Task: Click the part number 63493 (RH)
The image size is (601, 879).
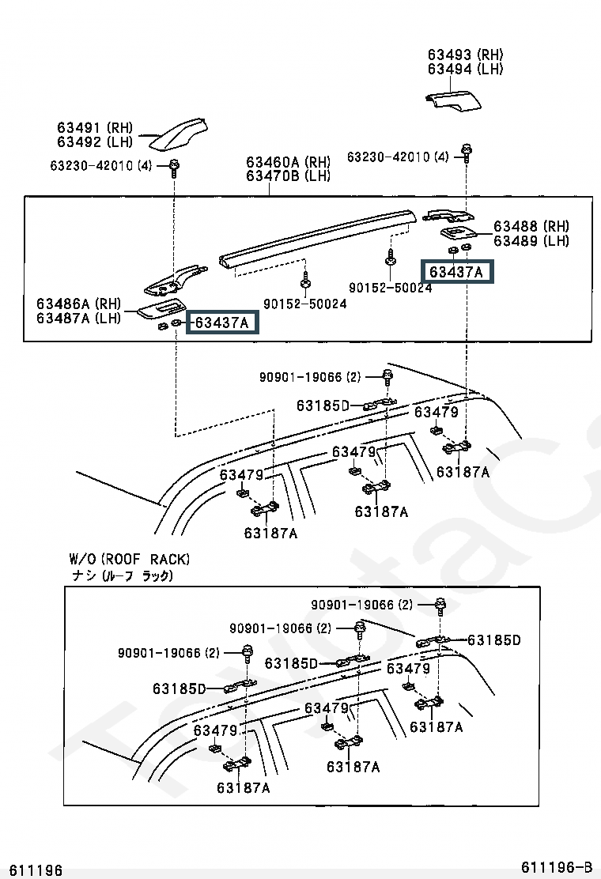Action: pos(465,55)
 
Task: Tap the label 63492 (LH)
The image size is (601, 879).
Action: pos(95,141)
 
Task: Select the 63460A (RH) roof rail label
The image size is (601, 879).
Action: pos(288,161)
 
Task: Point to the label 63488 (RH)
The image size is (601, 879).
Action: pos(531,226)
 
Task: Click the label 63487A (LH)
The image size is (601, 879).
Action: pos(78,318)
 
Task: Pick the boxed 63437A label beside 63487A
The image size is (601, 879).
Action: pos(222,323)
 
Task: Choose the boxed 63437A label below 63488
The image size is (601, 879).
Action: pos(457,272)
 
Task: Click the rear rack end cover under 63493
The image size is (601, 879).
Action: pos(453,100)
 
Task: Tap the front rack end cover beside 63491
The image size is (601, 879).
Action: pos(178,134)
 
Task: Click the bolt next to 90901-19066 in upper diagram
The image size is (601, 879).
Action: pos(387,377)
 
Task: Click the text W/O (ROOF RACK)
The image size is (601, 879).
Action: pos(130,559)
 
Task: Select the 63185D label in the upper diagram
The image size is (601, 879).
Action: pos(323,405)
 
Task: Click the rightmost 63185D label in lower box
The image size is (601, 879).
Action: pos(494,639)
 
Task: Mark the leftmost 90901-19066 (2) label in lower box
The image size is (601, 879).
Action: pos(168,652)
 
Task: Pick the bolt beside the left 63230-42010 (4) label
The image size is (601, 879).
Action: pos(174,167)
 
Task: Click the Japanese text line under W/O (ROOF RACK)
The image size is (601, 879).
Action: pos(123,575)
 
